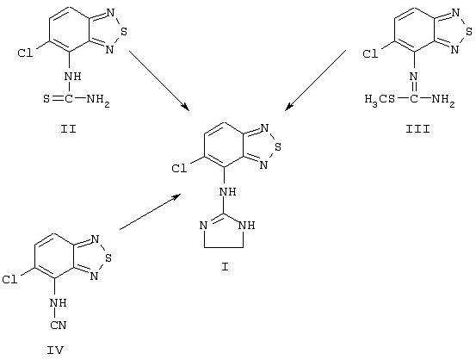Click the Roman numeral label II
(68, 129)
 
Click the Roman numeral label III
(418, 129)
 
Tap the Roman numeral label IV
(55, 351)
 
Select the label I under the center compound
(225, 267)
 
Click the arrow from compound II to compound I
(159, 80)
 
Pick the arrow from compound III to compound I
(315, 80)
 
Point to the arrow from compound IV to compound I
(151, 212)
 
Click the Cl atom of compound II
(25, 53)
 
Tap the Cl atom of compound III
(370, 54)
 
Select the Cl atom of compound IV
(9, 280)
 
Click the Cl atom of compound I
(179, 169)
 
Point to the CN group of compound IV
(59, 325)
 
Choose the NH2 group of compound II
(98, 99)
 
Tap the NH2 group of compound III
(443, 99)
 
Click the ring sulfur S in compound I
(277, 147)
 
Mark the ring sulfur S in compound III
(468, 31)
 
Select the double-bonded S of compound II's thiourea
(46, 99)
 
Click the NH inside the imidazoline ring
(246, 226)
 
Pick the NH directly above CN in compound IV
(59, 303)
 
